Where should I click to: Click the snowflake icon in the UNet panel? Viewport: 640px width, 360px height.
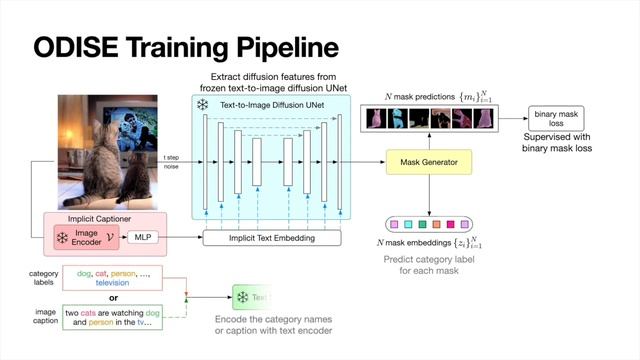point(202,104)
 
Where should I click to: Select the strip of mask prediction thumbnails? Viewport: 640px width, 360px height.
point(429,120)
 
